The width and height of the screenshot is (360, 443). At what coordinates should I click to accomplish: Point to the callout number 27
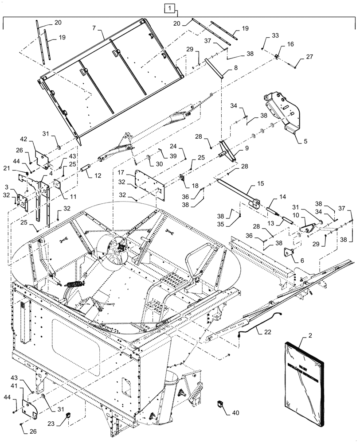click(x=309, y=58)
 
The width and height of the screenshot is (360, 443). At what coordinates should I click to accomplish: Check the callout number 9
click(x=247, y=148)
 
